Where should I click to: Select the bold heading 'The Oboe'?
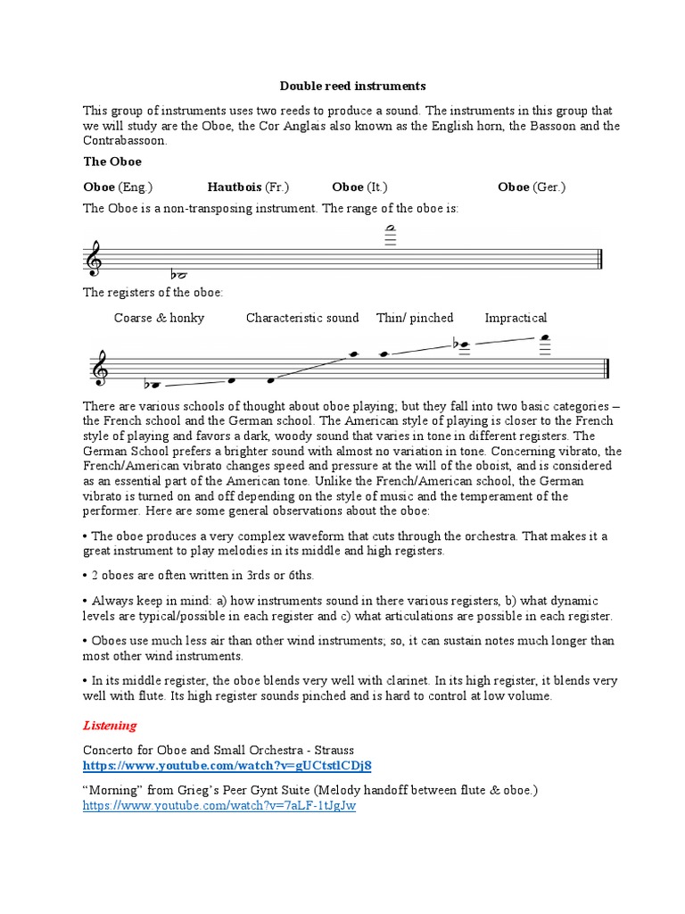(112, 162)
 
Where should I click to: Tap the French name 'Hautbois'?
(235, 187)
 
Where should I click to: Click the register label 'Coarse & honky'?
(159, 318)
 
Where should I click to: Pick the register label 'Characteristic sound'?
(302, 318)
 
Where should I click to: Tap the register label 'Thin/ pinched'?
(415, 318)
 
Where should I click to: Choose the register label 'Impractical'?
(516, 318)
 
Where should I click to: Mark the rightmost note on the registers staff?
(544, 338)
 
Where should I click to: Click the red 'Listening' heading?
(110, 726)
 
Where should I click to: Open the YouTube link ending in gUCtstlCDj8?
(227, 766)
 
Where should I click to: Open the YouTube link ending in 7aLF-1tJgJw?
(219, 805)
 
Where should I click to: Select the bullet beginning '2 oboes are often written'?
(202, 576)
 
